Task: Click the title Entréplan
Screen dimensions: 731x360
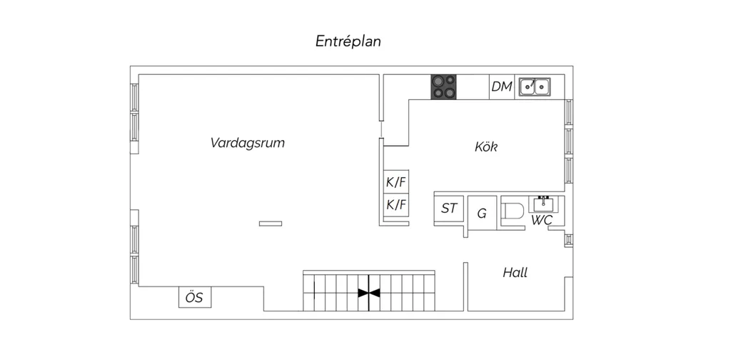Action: coord(348,41)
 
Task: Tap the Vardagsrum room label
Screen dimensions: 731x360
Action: coord(247,143)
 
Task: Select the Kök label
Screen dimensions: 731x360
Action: coord(486,147)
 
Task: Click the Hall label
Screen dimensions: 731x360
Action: coord(515,272)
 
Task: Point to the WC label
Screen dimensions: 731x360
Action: coord(542,221)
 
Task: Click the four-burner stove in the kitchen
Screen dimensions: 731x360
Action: coord(443,87)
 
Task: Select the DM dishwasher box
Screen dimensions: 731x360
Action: coord(502,86)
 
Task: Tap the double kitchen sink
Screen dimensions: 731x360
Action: coord(535,86)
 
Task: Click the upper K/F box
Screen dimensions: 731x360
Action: coord(396,182)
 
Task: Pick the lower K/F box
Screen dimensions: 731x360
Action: coord(396,205)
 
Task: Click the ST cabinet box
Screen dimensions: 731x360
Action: coord(449,209)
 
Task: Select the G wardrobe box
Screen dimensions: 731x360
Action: coord(482,213)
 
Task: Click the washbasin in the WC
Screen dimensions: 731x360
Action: coord(543,204)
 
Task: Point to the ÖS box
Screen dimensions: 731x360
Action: coord(195,297)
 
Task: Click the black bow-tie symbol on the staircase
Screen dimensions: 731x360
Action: coord(369,293)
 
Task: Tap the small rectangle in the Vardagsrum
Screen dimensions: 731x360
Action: coord(271,224)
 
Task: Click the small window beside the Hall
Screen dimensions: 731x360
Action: coord(569,240)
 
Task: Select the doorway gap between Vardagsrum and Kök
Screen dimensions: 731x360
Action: coord(381,129)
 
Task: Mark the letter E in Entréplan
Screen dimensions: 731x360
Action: coord(320,41)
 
